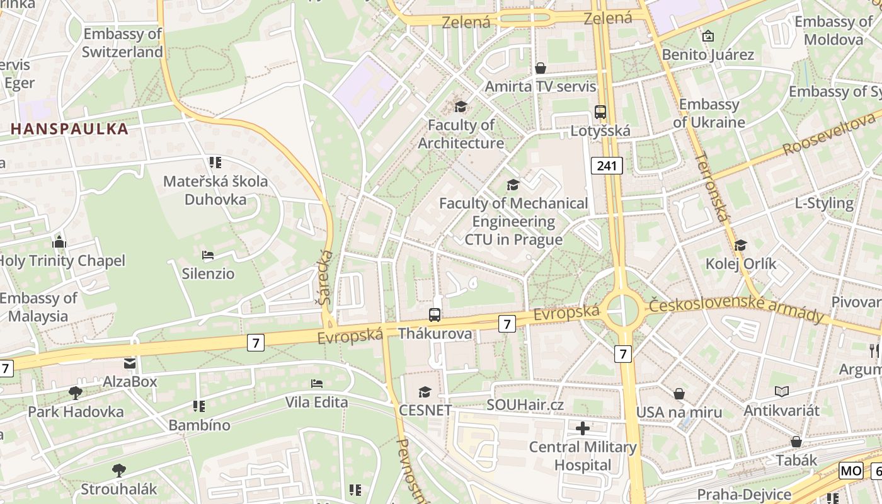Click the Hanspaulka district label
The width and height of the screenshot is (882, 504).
69,129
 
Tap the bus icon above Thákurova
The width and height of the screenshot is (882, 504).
435,314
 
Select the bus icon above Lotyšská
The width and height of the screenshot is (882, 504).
600,112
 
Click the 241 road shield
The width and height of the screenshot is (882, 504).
607,166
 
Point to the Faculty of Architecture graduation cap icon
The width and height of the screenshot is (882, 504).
461,106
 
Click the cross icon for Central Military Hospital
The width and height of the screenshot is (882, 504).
583,428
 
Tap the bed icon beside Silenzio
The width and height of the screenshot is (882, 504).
208,255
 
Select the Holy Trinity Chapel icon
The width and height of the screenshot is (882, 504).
60,242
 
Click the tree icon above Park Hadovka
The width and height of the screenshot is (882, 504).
75,393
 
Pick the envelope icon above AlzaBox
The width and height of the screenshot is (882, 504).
130,363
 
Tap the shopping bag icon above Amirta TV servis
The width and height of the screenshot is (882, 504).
540,67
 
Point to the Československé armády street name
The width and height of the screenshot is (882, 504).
736,309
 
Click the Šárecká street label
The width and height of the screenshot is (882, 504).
326,277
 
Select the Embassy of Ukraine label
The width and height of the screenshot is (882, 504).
709,113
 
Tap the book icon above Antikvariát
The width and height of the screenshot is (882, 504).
782,392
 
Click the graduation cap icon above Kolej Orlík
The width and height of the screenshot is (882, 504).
741,245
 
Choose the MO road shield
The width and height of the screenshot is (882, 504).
850,471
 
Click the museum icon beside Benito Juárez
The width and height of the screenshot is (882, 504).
707,36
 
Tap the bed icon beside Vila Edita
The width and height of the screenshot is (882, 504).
317,383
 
